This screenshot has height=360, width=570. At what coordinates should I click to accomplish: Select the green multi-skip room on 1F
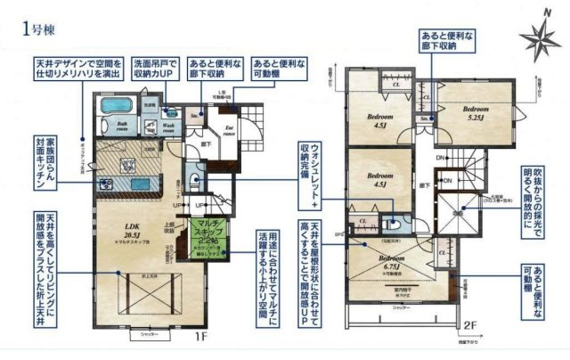[210, 237]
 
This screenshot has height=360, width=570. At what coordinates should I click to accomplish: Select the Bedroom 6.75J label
[393, 261]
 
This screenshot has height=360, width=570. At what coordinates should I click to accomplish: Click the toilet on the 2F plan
[392, 225]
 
